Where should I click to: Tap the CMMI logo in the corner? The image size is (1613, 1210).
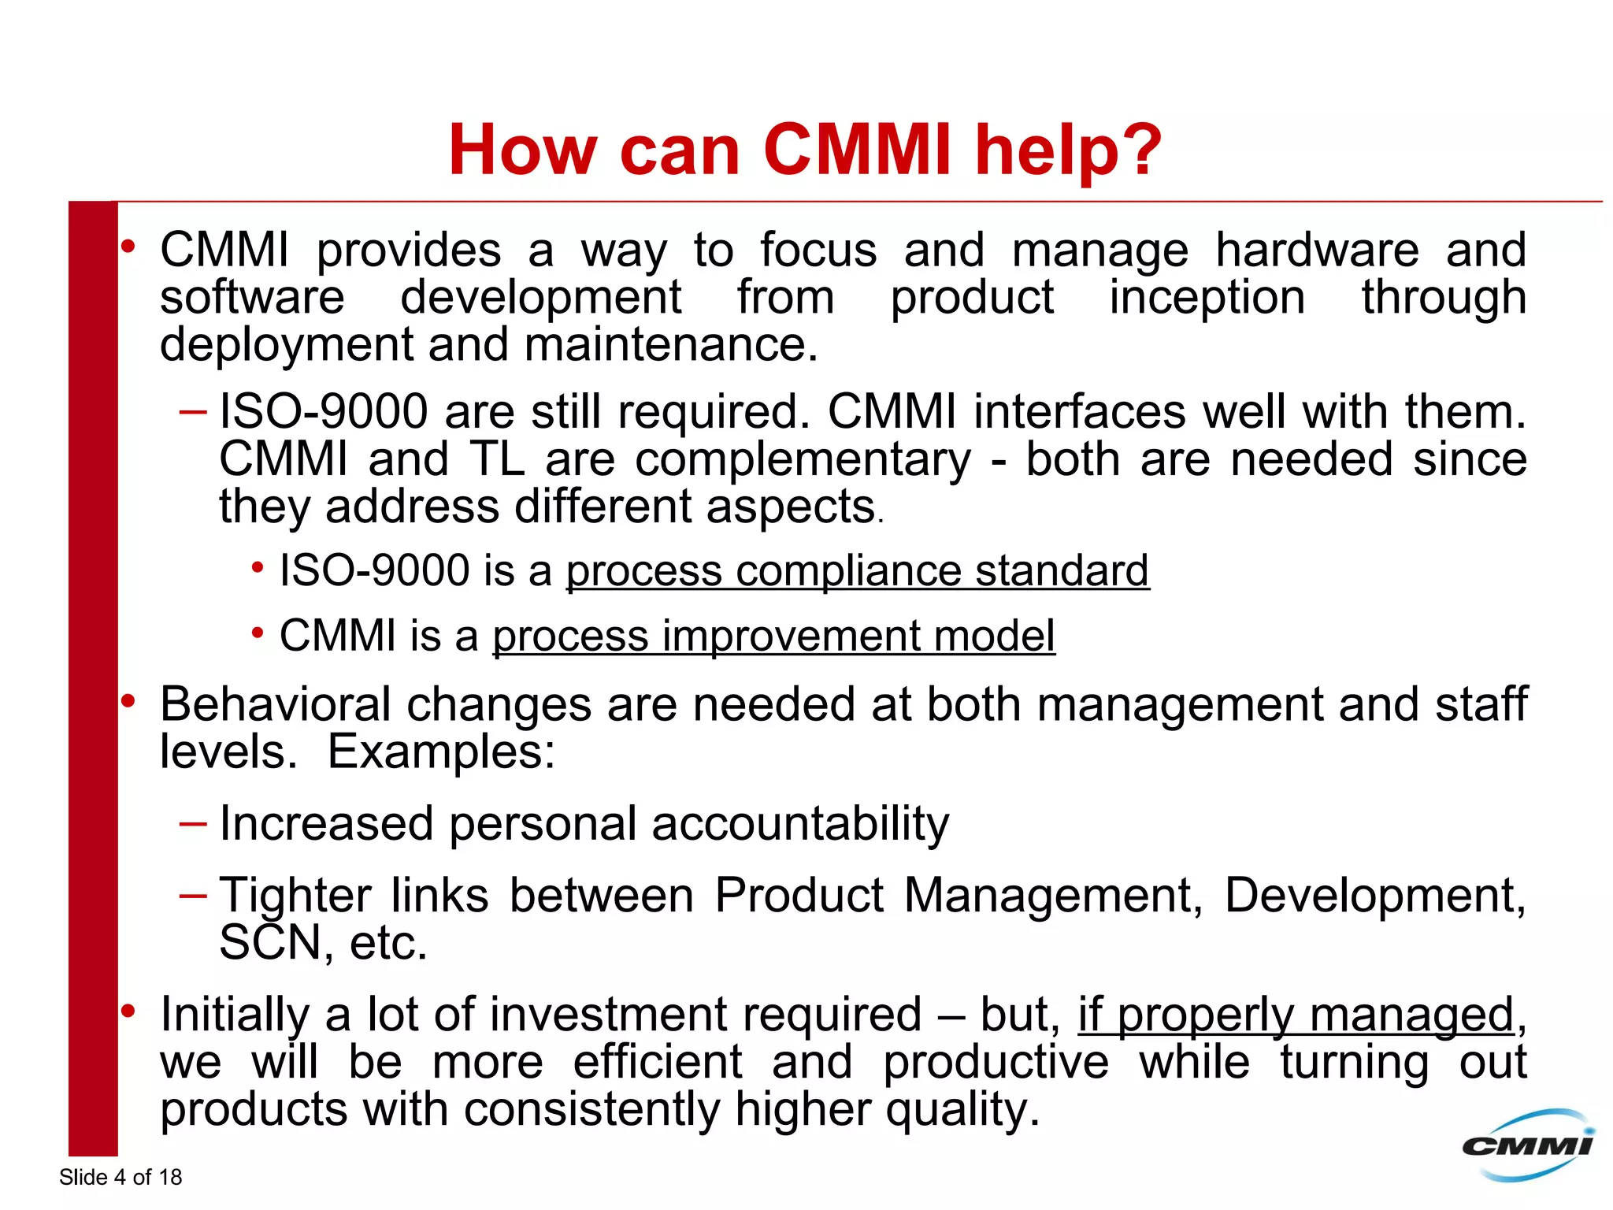pos(1528,1145)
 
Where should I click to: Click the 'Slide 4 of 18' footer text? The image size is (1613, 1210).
pos(121,1177)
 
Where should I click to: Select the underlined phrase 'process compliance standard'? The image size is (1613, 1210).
pos(857,570)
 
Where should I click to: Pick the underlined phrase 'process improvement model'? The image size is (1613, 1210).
pos(773,636)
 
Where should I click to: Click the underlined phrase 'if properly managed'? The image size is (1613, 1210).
pos(1296,1015)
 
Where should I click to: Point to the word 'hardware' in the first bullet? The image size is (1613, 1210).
pos(1317,251)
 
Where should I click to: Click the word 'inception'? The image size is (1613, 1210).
pos(1207,298)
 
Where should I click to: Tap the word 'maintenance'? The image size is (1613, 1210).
pos(669,345)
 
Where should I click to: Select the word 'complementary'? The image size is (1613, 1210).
pos(803,460)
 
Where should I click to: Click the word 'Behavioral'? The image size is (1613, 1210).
pos(276,704)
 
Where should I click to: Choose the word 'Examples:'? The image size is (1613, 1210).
pos(441,752)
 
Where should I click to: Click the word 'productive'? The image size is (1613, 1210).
pos(996,1062)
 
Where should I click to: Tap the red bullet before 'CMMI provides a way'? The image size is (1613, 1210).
pos(128,247)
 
